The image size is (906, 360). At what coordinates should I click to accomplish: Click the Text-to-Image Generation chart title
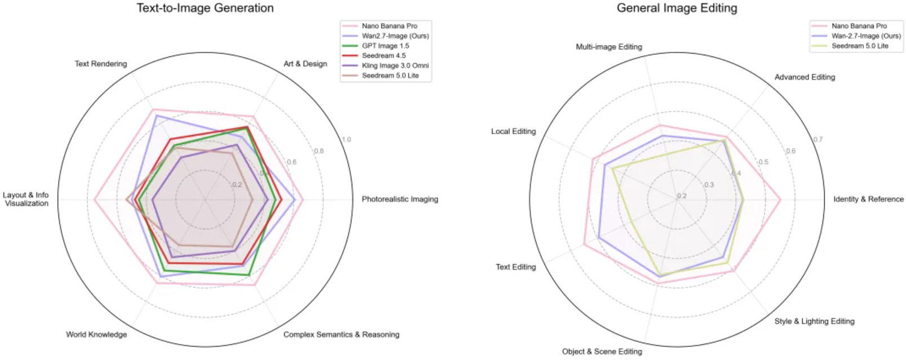pyautogui.click(x=205, y=8)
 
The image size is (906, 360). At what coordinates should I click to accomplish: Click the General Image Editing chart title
pyautogui.click(x=677, y=8)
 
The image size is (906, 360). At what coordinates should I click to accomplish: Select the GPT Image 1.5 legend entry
pyautogui.click(x=385, y=46)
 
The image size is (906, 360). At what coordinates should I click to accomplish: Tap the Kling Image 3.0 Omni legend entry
pyautogui.click(x=395, y=65)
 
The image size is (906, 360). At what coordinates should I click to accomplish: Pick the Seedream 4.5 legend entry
pyautogui.click(x=384, y=56)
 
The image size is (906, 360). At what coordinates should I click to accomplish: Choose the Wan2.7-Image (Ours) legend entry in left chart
pyautogui.click(x=395, y=36)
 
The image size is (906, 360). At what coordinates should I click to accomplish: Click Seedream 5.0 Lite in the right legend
pyautogui.click(x=860, y=46)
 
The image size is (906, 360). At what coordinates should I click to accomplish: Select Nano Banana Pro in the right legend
pyautogui.click(x=859, y=26)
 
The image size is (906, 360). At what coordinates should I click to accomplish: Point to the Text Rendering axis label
pyautogui.click(x=101, y=64)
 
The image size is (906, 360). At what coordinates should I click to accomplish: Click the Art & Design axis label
pyautogui.click(x=305, y=64)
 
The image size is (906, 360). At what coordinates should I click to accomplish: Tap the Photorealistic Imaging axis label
pyautogui.click(x=400, y=199)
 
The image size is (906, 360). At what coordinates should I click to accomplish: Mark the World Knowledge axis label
pyautogui.click(x=96, y=334)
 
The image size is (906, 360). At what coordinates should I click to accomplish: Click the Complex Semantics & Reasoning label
pyautogui.click(x=341, y=334)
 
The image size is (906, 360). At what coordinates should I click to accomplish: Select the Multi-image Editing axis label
pyautogui.click(x=609, y=47)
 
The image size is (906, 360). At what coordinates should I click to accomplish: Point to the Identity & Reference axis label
pyautogui.click(x=868, y=199)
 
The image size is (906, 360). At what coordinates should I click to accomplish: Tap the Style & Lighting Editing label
pyautogui.click(x=814, y=321)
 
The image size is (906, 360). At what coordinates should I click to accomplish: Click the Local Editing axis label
pyautogui.click(x=513, y=131)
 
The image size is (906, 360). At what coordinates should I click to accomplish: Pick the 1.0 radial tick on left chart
pyautogui.click(x=347, y=139)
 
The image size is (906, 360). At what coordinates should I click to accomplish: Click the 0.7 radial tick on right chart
pyautogui.click(x=818, y=139)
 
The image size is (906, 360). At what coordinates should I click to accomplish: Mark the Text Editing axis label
pyautogui.click(x=516, y=267)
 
